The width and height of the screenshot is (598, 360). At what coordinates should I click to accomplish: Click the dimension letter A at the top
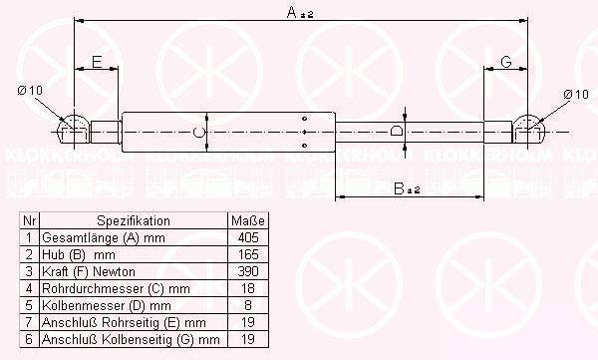(292, 12)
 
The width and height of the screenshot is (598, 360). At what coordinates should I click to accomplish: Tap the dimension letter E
(98, 62)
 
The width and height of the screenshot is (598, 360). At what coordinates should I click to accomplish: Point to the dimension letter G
(506, 62)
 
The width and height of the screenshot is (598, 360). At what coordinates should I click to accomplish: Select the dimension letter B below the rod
(399, 188)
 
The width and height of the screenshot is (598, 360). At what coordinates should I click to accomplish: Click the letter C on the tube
(198, 132)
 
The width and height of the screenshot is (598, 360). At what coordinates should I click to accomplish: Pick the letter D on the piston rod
(397, 131)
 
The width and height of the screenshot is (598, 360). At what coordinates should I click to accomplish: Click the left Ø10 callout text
(30, 91)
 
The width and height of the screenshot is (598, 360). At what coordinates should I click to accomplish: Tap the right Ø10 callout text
(576, 95)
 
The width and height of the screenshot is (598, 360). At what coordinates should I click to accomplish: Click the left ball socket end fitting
(73, 130)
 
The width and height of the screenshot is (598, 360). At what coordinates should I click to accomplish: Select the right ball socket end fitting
(528, 130)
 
